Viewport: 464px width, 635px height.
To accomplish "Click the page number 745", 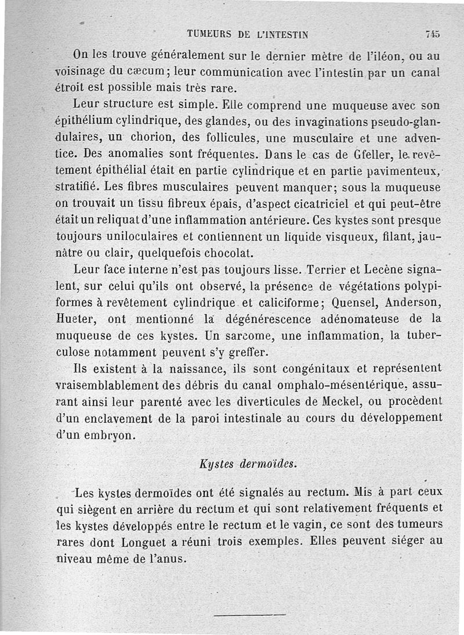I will (432, 34).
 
